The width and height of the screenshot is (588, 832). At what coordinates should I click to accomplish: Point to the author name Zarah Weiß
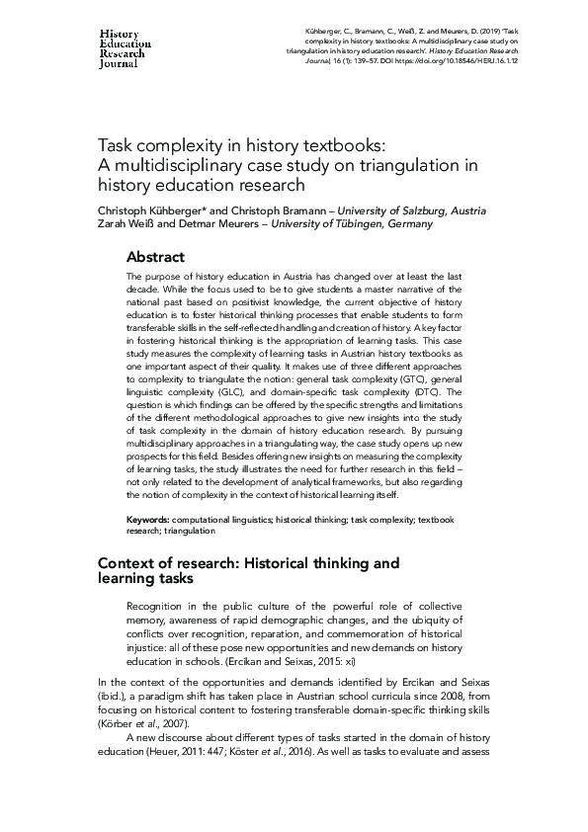coord(124,224)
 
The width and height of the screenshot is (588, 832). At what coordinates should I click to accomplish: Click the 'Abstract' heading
coord(155,256)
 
